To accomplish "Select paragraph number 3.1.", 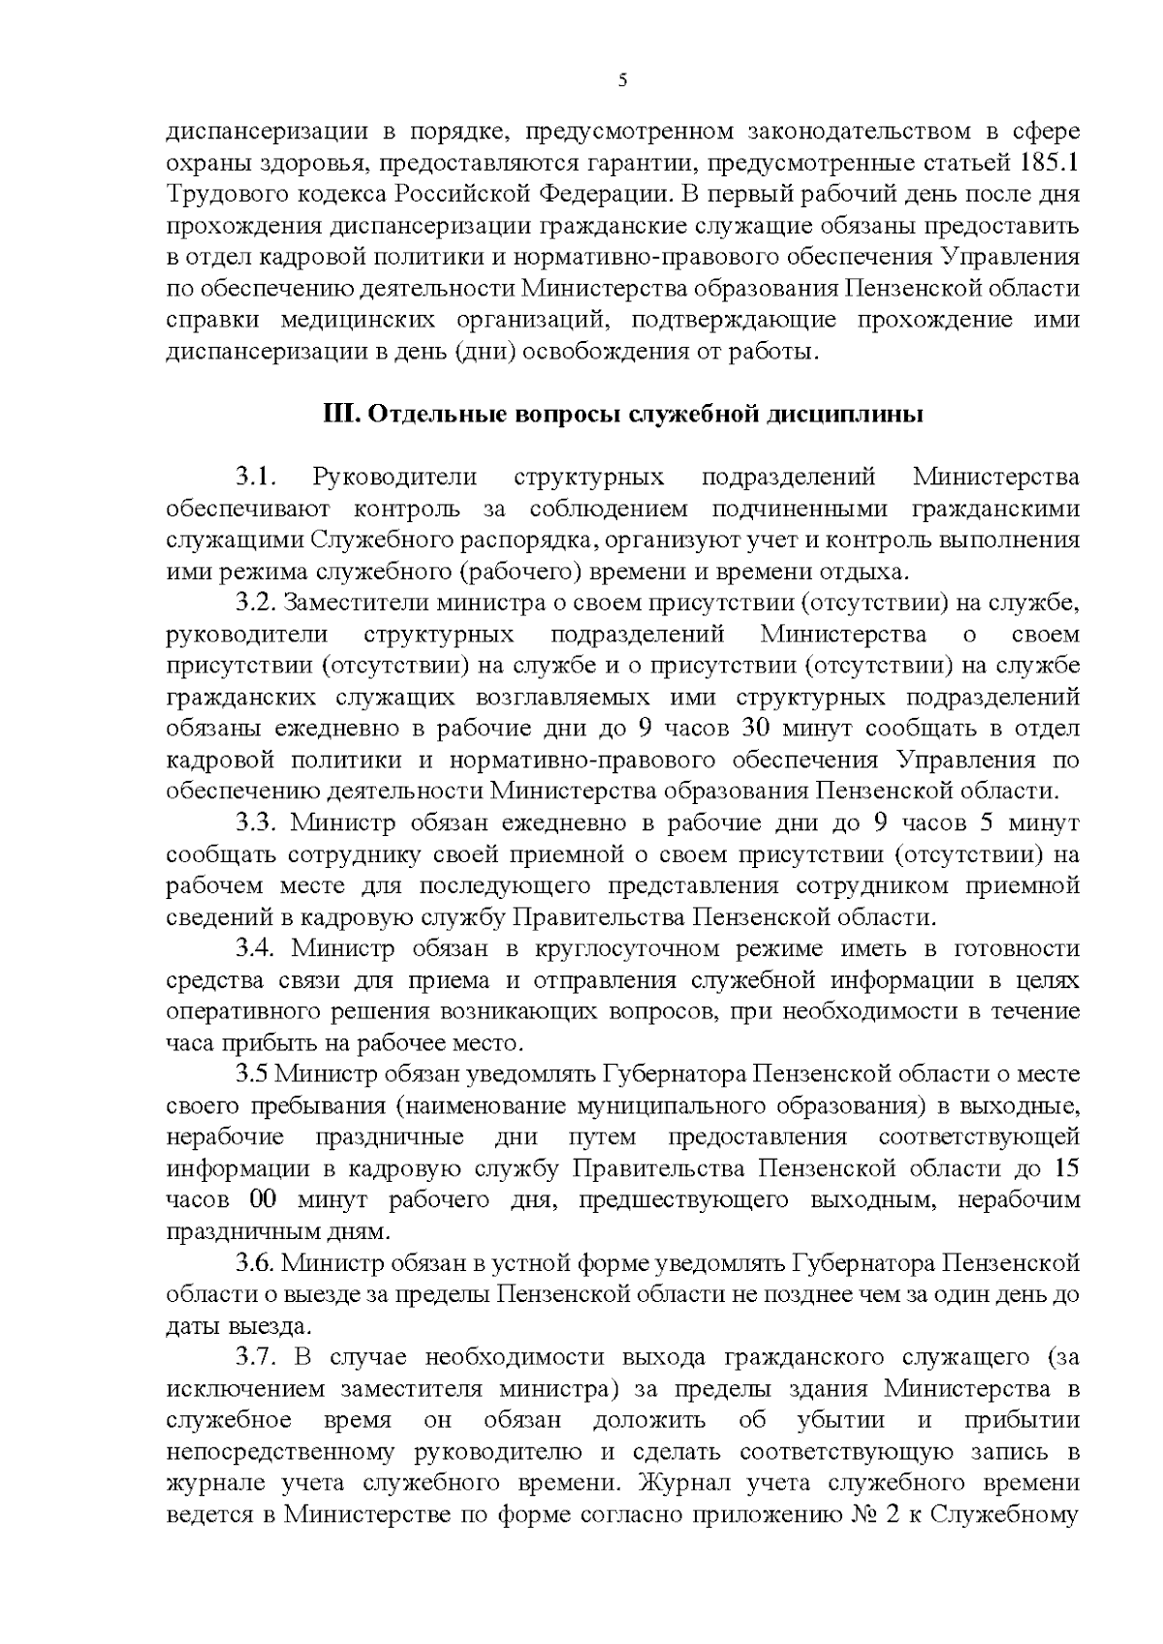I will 257,478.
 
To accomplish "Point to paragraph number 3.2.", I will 257,604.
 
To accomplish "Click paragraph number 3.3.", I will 257,823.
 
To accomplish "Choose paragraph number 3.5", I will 254,1074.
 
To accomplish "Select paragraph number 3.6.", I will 257,1263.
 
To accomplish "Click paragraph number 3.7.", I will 257,1357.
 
